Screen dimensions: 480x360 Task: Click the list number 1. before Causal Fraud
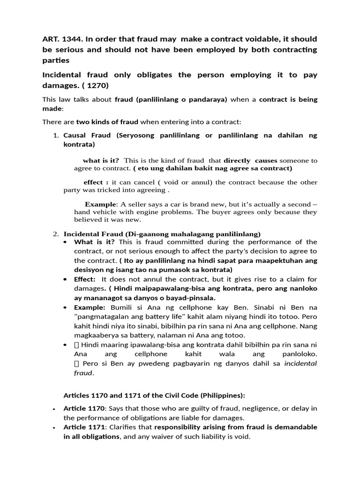coord(55,135)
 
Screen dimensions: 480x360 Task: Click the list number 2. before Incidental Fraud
coord(55,234)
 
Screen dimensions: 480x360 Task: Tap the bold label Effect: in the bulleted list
coord(85,279)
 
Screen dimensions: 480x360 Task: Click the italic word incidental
coord(301,364)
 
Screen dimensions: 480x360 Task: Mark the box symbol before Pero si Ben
coord(76,364)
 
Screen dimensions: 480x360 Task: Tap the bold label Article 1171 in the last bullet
coord(82,427)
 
